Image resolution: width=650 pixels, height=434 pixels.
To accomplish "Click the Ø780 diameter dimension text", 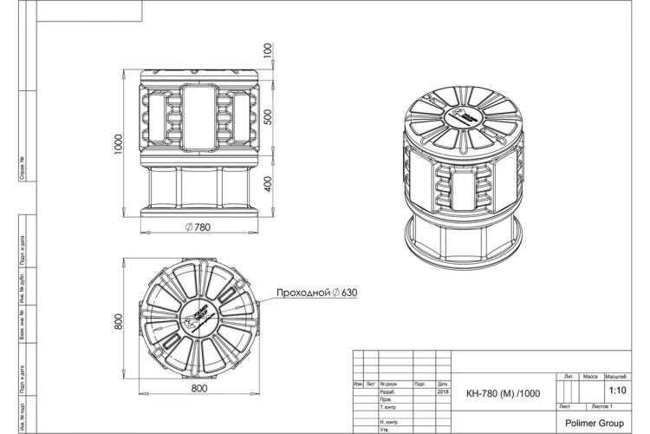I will pyautogui.click(x=198, y=227).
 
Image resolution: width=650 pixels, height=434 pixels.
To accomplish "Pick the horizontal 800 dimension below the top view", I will pyautogui.click(x=198, y=390).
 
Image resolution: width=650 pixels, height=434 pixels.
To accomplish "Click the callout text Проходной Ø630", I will pyautogui.click(x=314, y=294).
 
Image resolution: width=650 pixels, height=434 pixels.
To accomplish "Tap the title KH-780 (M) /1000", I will pyautogui.click(x=503, y=393).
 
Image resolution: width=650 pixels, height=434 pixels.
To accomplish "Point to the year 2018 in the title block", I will pyautogui.click(x=443, y=392).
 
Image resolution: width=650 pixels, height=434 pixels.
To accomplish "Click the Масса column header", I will pyautogui.click(x=591, y=378).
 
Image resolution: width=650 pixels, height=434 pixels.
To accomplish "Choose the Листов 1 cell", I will pyautogui.click(x=600, y=405).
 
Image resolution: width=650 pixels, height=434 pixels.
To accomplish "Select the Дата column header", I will pyautogui.click(x=443, y=383).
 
